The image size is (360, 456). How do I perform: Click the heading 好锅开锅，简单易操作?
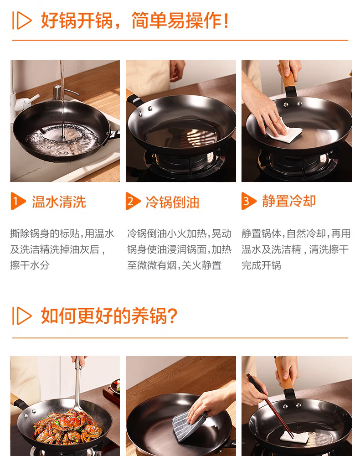point(135,21)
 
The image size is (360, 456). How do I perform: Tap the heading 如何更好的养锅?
point(109,316)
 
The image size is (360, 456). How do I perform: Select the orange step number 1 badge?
point(18,201)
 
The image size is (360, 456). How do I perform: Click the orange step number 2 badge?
point(133,201)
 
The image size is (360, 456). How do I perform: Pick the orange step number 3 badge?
point(249,201)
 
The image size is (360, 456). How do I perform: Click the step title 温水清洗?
point(59,202)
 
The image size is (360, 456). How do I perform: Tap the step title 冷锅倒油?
point(172,202)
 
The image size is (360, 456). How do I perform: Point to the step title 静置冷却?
point(289,201)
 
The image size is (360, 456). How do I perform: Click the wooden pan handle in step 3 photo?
point(287,77)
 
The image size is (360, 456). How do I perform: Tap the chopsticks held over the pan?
point(270,406)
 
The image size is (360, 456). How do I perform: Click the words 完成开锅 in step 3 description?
point(261,265)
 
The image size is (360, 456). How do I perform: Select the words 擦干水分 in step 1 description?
point(30,265)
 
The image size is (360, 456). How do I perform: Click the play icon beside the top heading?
point(22,21)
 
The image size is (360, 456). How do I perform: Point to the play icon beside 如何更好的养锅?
point(22,316)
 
